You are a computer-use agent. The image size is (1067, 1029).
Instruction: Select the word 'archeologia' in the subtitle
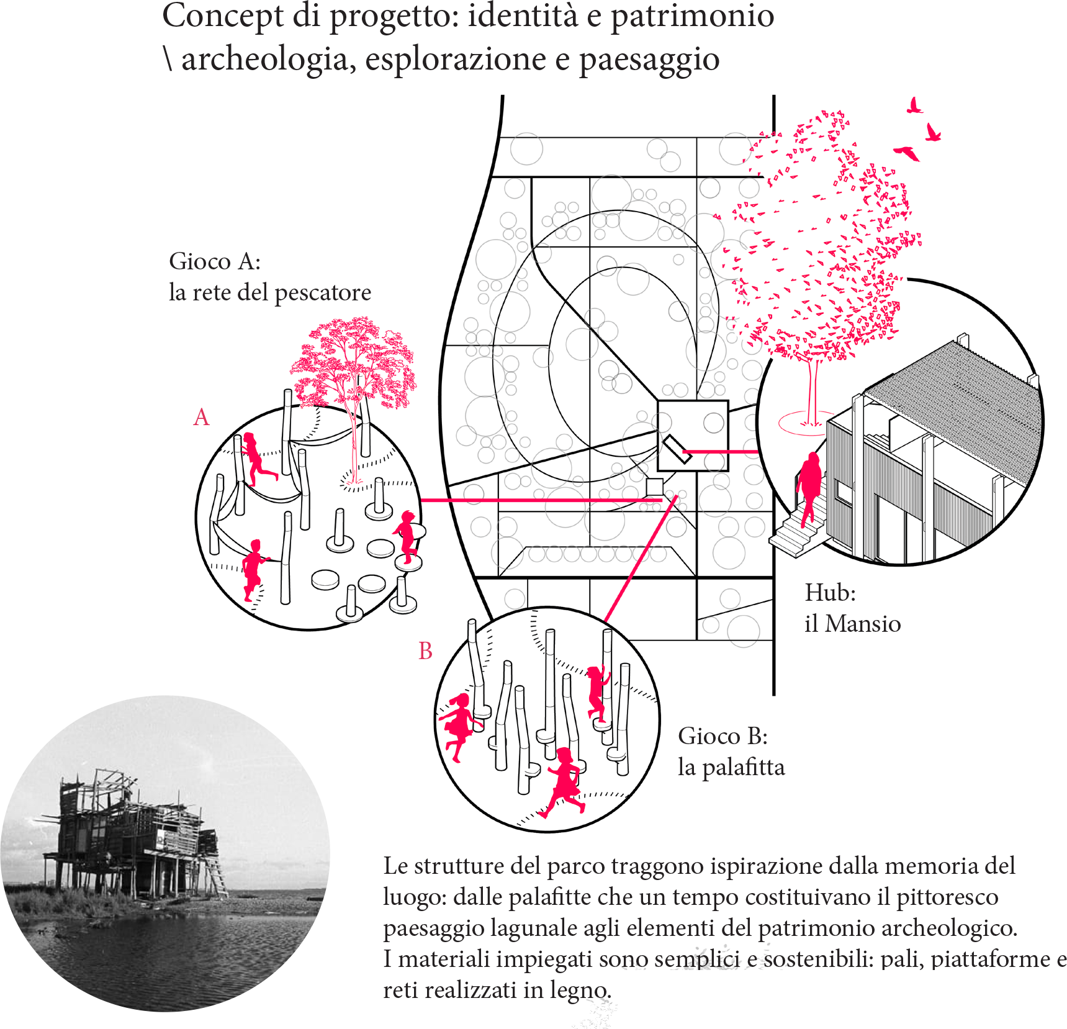(265, 60)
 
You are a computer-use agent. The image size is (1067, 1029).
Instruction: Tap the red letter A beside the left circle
(201, 418)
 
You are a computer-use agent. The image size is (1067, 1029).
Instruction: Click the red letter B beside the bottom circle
(425, 651)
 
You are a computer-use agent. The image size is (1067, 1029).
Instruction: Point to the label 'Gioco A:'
(215, 261)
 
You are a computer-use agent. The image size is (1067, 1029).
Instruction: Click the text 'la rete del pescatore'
(270, 292)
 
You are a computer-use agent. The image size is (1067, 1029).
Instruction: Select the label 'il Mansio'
(852, 624)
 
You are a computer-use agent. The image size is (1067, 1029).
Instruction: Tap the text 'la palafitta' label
(731, 768)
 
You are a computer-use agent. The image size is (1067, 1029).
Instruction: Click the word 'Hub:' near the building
(830, 593)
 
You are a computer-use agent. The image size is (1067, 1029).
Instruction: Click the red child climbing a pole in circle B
(598, 694)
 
